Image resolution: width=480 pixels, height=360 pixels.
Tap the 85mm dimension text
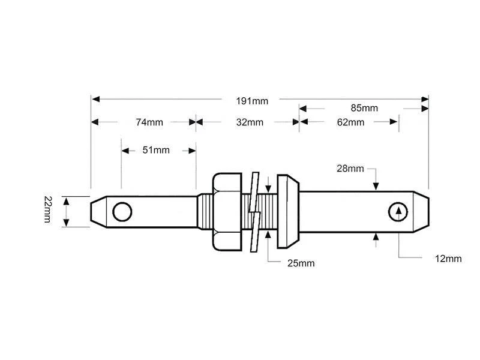pyautogui.click(x=364, y=109)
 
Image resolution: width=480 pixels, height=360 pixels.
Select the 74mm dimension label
pyautogui.click(x=149, y=122)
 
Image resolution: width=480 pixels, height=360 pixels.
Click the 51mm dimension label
pyautogui.click(x=156, y=150)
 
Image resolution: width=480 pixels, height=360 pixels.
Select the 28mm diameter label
pyautogui.click(x=350, y=169)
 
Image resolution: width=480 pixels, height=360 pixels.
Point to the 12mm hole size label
pyautogui.click(x=448, y=259)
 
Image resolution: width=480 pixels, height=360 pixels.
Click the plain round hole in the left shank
pyautogui.click(x=122, y=211)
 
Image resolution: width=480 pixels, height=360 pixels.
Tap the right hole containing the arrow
pyautogui.click(x=397, y=211)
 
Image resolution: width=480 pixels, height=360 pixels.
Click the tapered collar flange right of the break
pyautogui.click(x=289, y=211)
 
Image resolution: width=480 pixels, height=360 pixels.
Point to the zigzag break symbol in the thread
pyautogui.click(x=255, y=211)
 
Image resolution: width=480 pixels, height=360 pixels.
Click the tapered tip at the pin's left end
pyautogui.click(x=95, y=211)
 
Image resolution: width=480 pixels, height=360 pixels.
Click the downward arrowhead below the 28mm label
pyautogui.click(x=376, y=187)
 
